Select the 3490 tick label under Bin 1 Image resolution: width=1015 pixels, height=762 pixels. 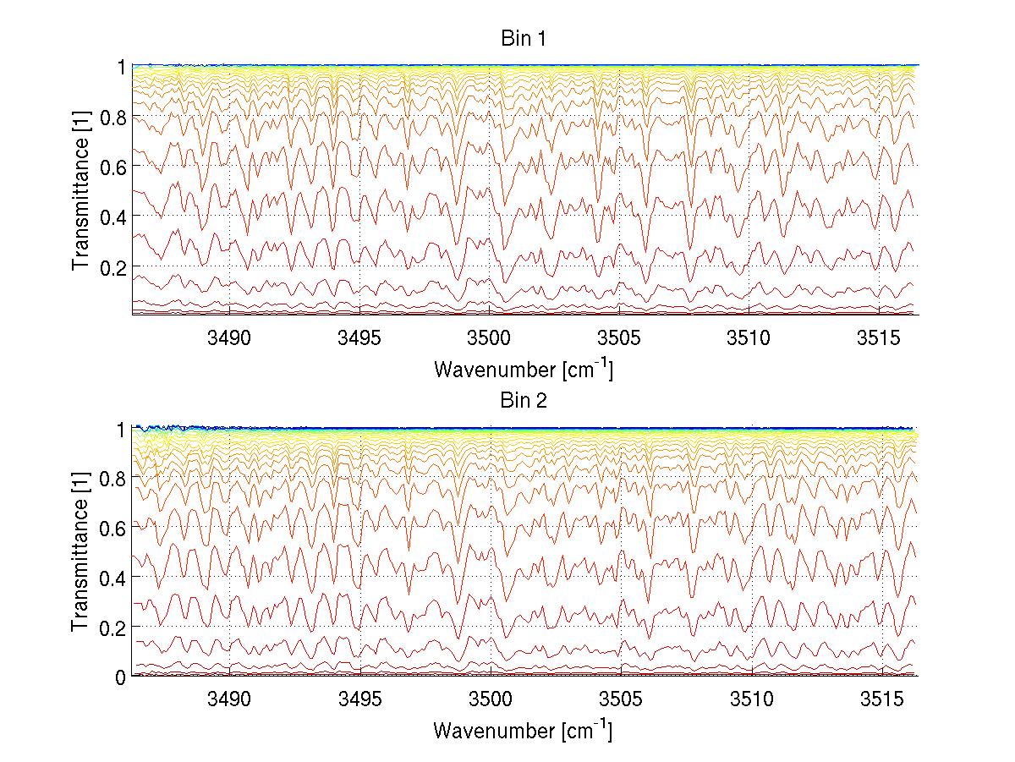coord(230,338)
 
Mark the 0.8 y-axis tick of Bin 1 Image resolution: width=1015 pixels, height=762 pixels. coord(113,117)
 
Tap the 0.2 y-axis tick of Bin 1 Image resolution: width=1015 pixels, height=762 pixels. coord(113,266)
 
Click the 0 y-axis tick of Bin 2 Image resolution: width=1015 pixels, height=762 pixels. coord(121,677)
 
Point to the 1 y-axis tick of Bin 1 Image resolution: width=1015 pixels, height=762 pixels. coord(121,67)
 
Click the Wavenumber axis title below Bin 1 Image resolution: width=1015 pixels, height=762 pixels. coord(524,369)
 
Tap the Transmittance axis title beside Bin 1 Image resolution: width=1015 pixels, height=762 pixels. coord(81,192)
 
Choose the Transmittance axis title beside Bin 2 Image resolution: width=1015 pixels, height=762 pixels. coord(81,553)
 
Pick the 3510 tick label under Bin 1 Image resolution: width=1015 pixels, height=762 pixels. coord(751,338)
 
